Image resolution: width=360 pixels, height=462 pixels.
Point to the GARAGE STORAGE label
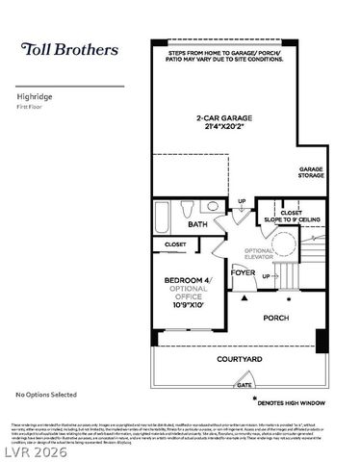(x=311, y=172)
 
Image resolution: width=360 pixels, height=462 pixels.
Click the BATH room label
(x=197, y=225)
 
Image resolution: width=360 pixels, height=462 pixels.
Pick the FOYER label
(x=243, y=272)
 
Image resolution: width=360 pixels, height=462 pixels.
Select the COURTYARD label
(x=239, y=359)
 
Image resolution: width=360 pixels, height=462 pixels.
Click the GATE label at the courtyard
(x=245, y=384)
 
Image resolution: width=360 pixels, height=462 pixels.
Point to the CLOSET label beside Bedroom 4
(x=175, y=244)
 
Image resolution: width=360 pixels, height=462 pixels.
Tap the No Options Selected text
(x=45, y=395)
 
